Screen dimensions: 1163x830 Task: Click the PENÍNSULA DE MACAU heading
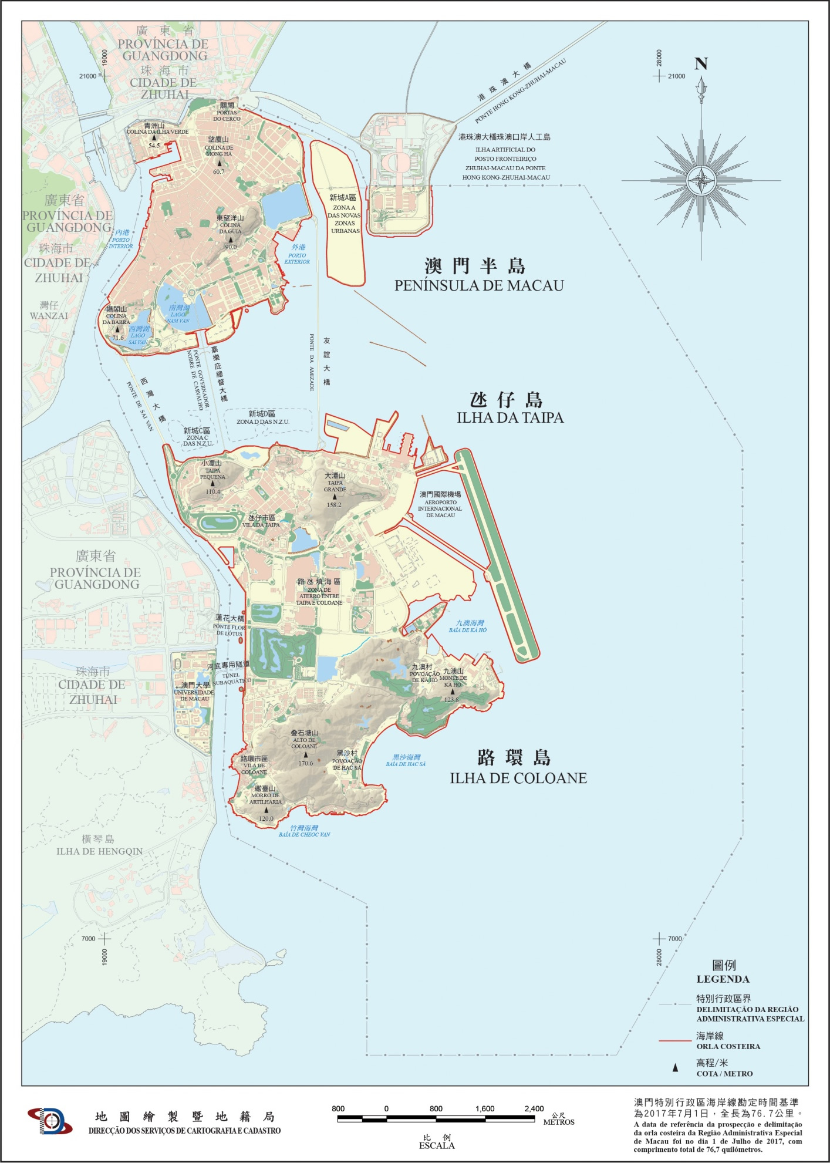pos(479,285)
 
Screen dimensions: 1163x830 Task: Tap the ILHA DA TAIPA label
pos(510,417)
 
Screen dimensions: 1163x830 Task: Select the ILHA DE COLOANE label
pos(518,778)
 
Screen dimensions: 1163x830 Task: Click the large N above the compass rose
pos(701,64)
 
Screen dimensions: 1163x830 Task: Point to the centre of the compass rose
pos(701,180)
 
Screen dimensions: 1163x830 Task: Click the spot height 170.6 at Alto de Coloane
pos(305,763)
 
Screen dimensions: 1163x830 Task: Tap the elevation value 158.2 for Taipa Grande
pos(334,505)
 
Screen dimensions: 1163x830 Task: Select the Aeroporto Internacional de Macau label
pos(440,508)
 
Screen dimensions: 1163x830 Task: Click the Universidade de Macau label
pos(194,695)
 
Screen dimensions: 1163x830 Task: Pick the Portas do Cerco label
pos(227,116)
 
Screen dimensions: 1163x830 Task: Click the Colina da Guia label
pos(230,228)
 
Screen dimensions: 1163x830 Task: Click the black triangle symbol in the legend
pos(675,1068)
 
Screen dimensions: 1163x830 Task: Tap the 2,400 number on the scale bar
pos(534,1108)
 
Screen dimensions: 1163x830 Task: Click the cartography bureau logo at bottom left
pos(50,1121)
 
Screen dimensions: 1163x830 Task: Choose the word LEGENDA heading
pos(723,979)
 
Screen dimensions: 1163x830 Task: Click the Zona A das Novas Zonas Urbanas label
pos(345,219)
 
